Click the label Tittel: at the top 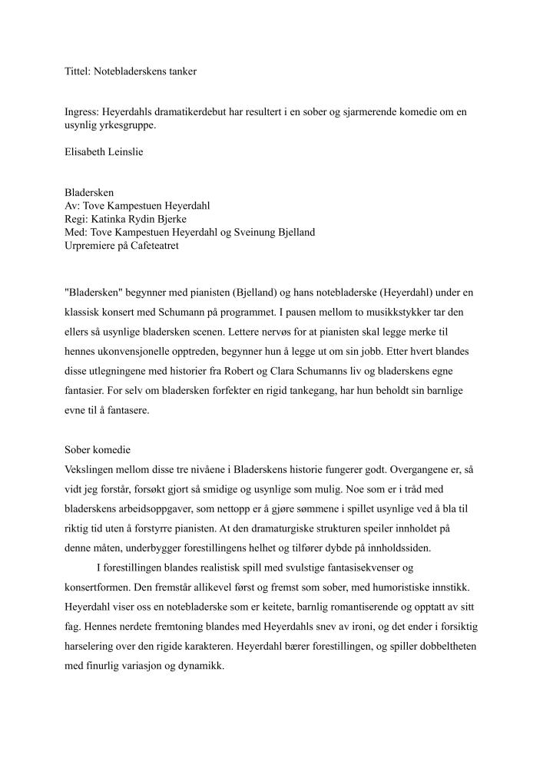point(78,71)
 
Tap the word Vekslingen point(91,469)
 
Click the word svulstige point(295,569)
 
